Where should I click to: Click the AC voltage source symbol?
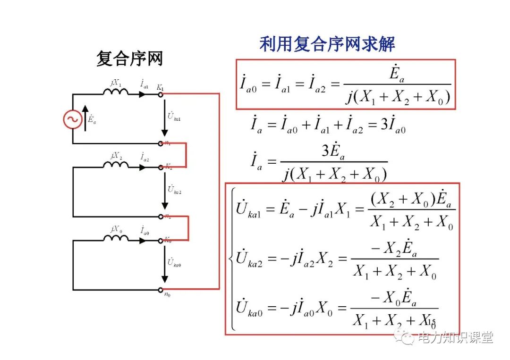point(73,119)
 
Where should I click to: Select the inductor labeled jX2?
point(116,165)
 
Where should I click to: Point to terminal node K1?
point(161,94)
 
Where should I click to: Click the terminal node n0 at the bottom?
point(161,289)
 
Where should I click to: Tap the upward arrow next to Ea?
point(85,117)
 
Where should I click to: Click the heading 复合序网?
point(129,59)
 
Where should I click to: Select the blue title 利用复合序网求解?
point(327,44)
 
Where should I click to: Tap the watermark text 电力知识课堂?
point(455,337)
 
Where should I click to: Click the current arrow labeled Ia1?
point(142,94)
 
